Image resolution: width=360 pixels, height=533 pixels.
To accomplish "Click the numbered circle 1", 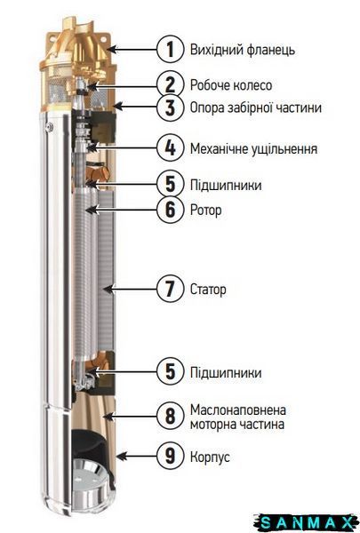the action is pyautogui.click(x=170, y=49).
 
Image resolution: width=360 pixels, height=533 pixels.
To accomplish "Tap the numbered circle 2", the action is pyautogui.click(x=170, y=84).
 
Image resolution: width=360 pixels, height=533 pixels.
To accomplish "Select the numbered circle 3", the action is pyautogui.click(x=170, y=107).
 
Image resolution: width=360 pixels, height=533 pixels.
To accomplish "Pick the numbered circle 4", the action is pyautogui.click(x=170, y=148).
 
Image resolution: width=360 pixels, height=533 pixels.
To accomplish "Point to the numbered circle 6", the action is pyautogui.click(x=170, y=210).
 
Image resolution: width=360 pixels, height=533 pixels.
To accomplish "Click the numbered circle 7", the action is pyautogui.click(x=170, y=289).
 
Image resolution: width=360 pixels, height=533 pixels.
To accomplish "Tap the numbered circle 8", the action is pyautogui.click(x=170, y=416).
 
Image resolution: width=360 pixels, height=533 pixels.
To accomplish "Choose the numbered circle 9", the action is pyautogui.click(x=170, y=456).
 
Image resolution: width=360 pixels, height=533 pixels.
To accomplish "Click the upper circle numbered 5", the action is pyautogui.click(x=170, y=184).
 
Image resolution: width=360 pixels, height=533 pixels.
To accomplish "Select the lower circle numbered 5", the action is pyautogui.click(x=170, y=371).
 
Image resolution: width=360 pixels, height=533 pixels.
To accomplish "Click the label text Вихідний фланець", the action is pyautogui.click(x=243, y=50).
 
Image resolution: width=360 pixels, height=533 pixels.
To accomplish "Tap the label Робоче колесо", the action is pyautogui.click(x=231, y=85).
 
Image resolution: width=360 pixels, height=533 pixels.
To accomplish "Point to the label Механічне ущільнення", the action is pyautogui.click(x=253, y=149).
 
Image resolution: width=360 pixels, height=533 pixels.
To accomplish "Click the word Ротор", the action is pyautogui.click(x=206, y=211).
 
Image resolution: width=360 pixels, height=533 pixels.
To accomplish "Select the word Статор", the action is pyautogui.click(x=208, y=290).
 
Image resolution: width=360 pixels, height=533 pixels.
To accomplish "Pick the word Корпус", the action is pyautogui.click(x=210, y=457).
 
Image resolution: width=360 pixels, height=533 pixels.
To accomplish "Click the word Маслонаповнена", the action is pyautogui.click(x=238, y=410).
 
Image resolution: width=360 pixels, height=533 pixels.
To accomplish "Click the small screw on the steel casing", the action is pyautogui.click(x=50, y=127).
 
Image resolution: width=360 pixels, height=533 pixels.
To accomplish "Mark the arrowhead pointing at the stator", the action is pyautogui.click(x=108, y=290).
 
